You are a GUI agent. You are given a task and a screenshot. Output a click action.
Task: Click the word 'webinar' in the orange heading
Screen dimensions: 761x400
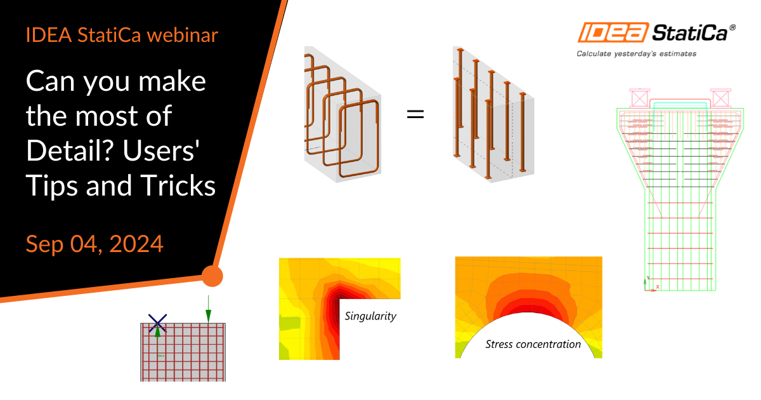[183, 36]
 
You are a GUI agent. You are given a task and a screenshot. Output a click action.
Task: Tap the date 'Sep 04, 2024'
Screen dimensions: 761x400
[94, 244]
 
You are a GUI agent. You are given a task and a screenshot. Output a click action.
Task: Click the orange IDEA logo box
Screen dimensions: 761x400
[613, 32]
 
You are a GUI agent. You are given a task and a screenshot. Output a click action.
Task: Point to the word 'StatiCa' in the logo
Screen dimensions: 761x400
[690, 33]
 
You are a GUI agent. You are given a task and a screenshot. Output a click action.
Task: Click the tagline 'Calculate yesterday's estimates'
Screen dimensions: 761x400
[636, 54]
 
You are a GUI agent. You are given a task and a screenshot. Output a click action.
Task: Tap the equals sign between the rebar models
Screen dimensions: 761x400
[415, 114]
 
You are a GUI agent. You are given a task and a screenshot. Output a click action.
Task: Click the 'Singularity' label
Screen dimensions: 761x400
[370, 316]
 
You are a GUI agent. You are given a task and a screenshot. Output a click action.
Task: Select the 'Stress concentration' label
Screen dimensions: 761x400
[533, 344]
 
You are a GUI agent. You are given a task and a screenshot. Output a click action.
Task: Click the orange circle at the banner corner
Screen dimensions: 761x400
[212, 276]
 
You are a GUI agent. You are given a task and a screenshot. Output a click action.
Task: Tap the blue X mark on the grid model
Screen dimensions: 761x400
[158, 323]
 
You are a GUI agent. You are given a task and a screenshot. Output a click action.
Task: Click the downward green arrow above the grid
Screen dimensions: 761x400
[208, 309]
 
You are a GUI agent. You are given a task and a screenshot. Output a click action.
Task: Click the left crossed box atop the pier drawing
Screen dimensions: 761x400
[640, 98]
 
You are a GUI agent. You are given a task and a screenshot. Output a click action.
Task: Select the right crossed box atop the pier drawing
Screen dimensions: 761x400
[720, 98]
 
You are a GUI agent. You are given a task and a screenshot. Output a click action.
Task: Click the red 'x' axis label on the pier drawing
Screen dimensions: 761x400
[658, 287]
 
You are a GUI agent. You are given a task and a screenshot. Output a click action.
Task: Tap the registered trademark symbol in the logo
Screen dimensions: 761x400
[732, 27]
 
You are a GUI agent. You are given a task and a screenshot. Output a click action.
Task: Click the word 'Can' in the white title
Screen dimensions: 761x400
[50, 82]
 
